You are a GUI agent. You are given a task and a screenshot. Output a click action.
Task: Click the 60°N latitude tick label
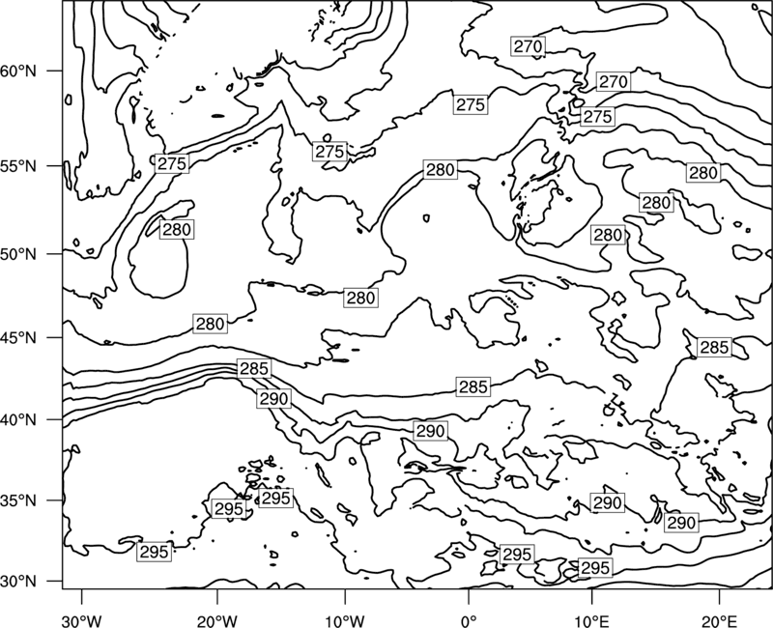(18, 71)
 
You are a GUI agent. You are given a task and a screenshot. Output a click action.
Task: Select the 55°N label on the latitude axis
(18, 166)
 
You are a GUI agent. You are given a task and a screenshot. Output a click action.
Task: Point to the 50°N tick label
(18, 254)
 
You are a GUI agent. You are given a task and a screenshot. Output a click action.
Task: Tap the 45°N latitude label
(18, 338)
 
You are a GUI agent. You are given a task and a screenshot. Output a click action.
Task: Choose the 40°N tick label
(18, 420)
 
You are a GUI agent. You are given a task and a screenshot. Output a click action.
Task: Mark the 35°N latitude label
(18, 500)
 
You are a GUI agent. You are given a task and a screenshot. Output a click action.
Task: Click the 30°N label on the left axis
(18, 582)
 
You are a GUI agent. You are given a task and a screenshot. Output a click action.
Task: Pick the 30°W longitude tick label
(81, 620)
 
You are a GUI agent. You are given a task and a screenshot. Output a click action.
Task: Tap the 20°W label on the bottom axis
(216, 620)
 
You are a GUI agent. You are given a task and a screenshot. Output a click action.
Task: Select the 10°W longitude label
(345, 620)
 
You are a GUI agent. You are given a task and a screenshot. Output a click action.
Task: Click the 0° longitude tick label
(469, 620)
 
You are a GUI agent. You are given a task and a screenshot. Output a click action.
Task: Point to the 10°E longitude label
(591, 620)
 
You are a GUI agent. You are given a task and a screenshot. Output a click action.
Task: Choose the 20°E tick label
(719, 620)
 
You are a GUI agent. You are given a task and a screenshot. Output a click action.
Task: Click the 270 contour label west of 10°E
(528, 46)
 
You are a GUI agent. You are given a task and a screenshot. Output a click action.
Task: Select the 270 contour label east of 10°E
(613, 81)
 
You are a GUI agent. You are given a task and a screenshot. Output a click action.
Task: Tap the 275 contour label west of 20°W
(172, 163)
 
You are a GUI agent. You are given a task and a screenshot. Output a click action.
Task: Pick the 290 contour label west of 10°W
(273, 398)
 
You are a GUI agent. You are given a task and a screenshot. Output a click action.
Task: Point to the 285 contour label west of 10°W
(254, 369)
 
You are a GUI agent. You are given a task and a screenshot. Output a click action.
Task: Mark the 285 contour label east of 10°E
(714, 348)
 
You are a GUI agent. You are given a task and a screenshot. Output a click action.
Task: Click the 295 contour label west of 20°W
(155, 552)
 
